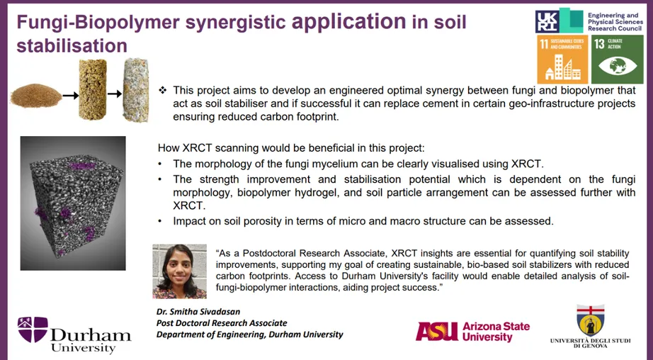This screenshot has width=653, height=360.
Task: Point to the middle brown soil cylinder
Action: [x=91, y=87]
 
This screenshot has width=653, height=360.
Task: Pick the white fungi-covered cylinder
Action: [x=135, y=87]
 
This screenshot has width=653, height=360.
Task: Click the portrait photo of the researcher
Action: [x=179, y=271]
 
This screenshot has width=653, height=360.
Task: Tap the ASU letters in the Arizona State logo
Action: [x=436, y=331]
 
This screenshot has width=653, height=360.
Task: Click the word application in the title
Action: [x=348, y=22]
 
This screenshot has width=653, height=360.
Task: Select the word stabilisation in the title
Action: [x=72, y=46]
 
